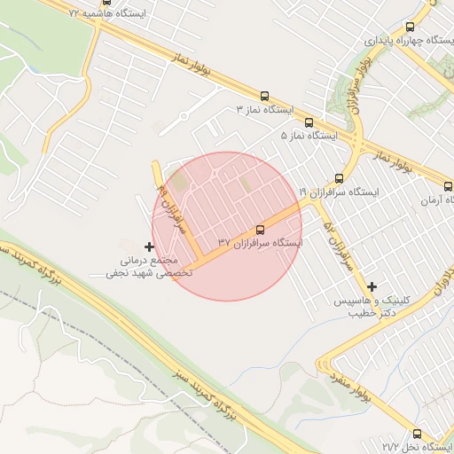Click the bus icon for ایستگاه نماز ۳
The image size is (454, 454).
tap(264, 96)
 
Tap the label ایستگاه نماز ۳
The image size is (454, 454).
tap(264, 109)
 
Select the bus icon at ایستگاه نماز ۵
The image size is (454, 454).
tap(309, 122)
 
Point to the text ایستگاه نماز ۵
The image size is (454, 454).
tap(309, 136)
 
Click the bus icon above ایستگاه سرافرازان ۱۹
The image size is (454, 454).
tap(339, 177)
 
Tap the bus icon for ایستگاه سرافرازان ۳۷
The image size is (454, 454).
tap(260, 229)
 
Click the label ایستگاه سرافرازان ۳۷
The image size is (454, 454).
tap(260, 242)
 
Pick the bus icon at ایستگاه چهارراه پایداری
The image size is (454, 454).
tap(409, 27)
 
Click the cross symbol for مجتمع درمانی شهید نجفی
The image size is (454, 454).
tap(149, 246)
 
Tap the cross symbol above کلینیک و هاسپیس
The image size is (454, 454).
tap(372, 286)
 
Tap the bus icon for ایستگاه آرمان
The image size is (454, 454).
tap(448, 187)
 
